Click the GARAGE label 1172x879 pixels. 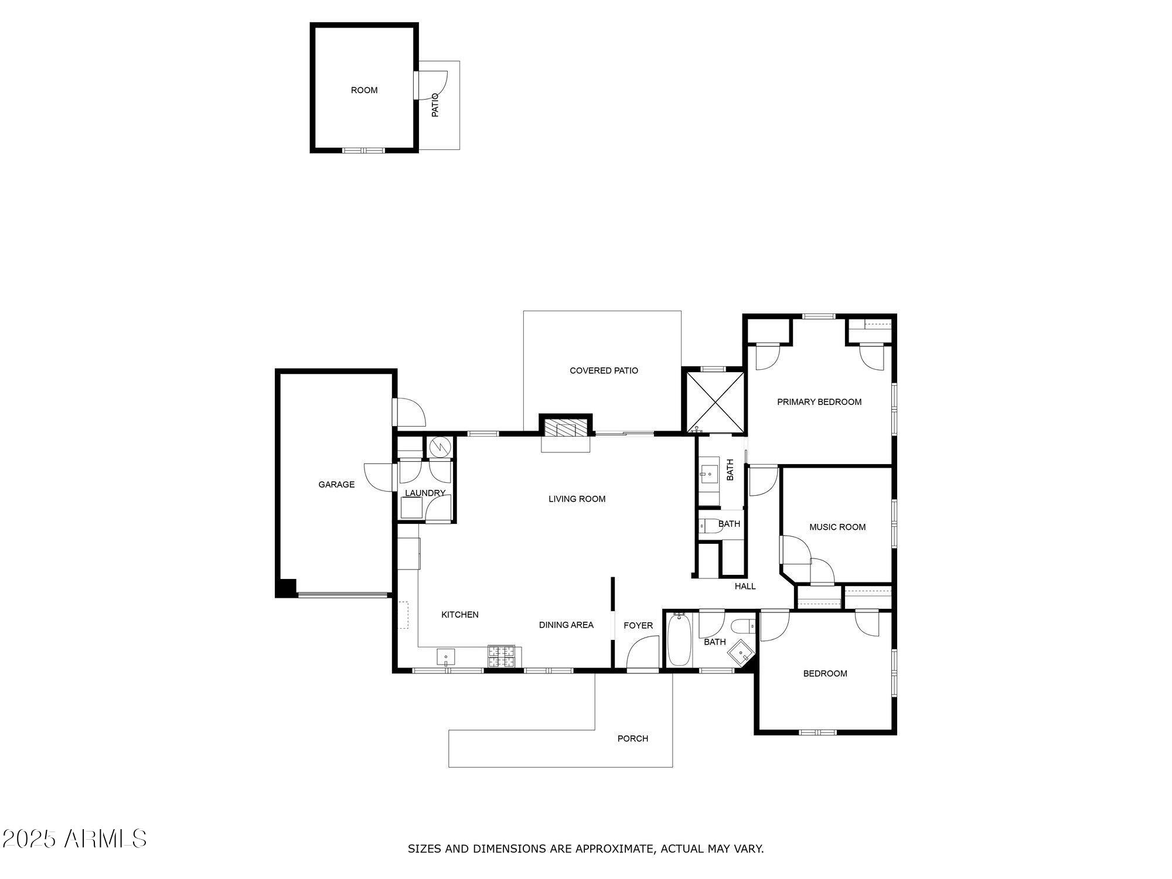point(336,485)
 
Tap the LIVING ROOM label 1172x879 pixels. point(577,499)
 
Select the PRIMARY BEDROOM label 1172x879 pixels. point(819,402)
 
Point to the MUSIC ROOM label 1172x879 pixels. point(837,527)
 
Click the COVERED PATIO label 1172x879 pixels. point(604,371)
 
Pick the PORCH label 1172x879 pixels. point(632,739)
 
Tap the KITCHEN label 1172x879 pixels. point(459,615)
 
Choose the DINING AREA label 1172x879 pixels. point(566,625)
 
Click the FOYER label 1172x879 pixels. point(638,626)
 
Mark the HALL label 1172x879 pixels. point(745,587)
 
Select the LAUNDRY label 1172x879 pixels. point(425,493)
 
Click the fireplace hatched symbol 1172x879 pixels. point(565,427)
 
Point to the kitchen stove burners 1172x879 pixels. point(501,656)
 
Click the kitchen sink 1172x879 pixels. point(447,656)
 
